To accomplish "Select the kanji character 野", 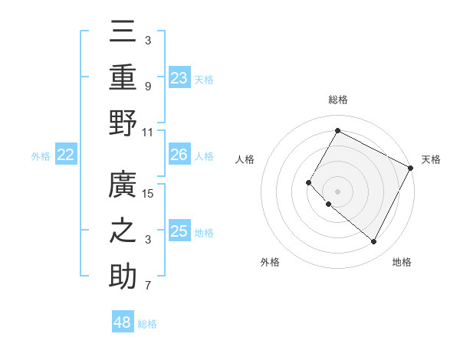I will click(x=123, y=123).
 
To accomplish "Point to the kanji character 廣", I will click(x=123, y=185).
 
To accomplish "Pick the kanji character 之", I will click(x=123, y=231).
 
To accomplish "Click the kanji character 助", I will click(x=123, y=277).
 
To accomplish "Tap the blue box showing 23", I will click(x=179, y=77).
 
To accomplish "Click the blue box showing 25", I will click(x=179, y=231).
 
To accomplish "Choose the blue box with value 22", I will click(x=66, y=155).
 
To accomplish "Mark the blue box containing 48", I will click(x=123, y=322).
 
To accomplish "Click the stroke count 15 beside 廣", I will click(x=149, y=194).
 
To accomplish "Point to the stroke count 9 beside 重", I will click(x=149, y=86).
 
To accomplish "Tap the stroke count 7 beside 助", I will click(x=149, y=286).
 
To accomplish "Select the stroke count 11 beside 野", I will click(x=149, y=132).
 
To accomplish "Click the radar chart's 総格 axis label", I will click(x=337, y=100).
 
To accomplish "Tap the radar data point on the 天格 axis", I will click(x=410, y=168).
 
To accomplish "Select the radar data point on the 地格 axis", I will click(x=374, y=242).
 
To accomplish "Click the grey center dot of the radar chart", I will click(x=337, y=191).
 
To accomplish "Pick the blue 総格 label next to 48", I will click(x=147, y=324).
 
